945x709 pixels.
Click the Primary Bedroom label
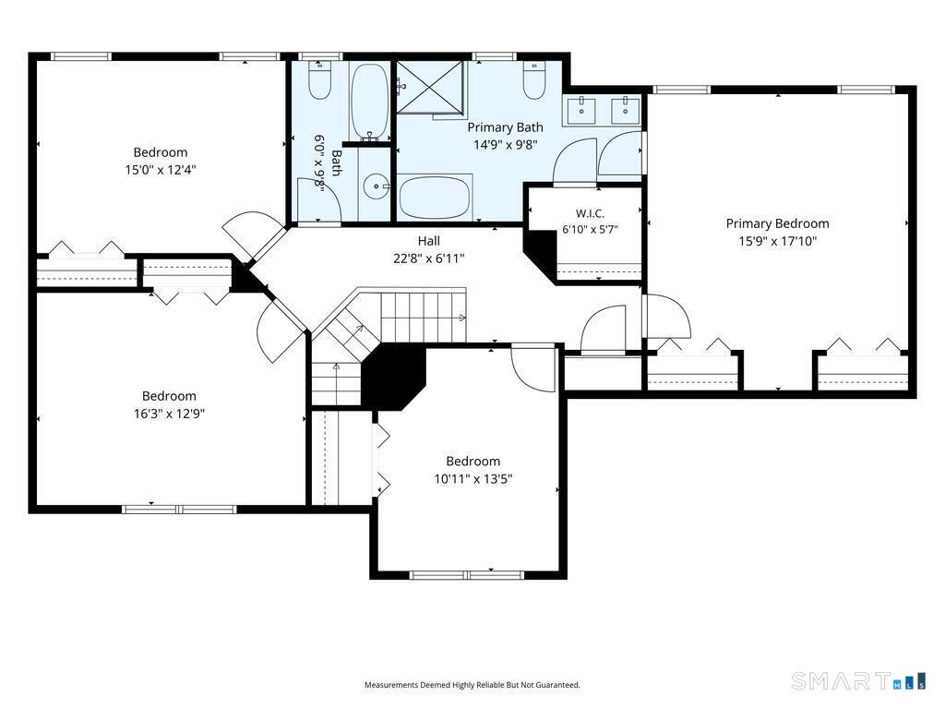pos(777,223)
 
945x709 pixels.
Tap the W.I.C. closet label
pos(590,213)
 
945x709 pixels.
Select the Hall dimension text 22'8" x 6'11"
pos(428,258)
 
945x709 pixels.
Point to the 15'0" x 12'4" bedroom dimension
pos(161,170)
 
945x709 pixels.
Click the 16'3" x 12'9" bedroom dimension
pos(170,414)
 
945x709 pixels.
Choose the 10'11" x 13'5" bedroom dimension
pos(473,479)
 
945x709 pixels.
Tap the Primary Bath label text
pos(505,127)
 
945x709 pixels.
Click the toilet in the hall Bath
pos(319,80)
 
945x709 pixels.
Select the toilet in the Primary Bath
pos(534,80)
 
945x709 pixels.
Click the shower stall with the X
pos(430,88)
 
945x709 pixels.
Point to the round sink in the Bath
pos(377,186)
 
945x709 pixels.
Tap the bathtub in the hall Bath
pos(369,102)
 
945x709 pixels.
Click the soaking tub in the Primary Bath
pos(434,198)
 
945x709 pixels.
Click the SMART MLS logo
pos(858,680)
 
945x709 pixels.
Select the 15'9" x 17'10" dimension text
pos(777,241)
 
